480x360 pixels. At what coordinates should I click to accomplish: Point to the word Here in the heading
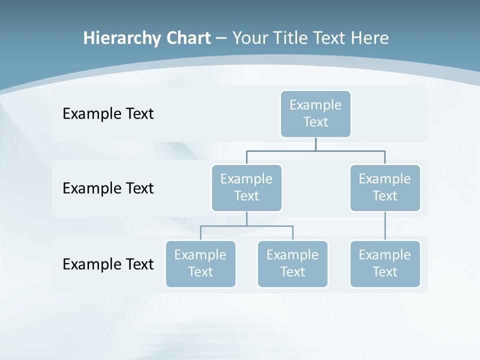(369, 38)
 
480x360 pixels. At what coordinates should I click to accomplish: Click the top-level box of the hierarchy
(315, 113)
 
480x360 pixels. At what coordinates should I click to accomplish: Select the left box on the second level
(246, 187)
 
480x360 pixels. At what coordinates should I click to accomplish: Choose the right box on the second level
(385, 187)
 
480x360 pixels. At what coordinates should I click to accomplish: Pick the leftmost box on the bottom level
(200, 263)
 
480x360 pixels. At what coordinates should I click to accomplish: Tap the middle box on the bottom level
(292, 263)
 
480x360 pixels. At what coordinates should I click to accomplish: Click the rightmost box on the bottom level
(385, 263)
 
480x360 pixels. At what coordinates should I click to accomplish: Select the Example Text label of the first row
(108, 114)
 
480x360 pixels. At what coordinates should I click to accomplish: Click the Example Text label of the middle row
(108, 188)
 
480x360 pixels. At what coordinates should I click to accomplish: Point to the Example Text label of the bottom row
(108, 264)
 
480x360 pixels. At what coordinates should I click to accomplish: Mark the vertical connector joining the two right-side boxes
(385, 225)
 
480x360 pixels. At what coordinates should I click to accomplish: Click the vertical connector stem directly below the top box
(315, 143)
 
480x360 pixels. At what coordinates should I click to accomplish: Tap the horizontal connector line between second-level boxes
(315, 150)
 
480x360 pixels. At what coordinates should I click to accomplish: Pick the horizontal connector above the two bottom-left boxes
(246, 226)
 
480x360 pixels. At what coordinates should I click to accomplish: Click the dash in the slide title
(221, 38)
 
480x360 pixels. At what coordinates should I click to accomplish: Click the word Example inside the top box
(315, 105)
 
